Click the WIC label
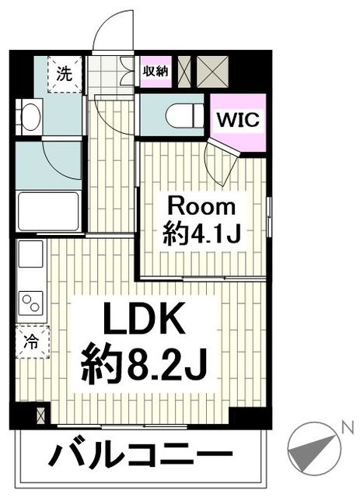(237, 121)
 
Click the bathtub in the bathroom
(48, 210)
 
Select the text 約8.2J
(145, 364)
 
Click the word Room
(201, 207)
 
